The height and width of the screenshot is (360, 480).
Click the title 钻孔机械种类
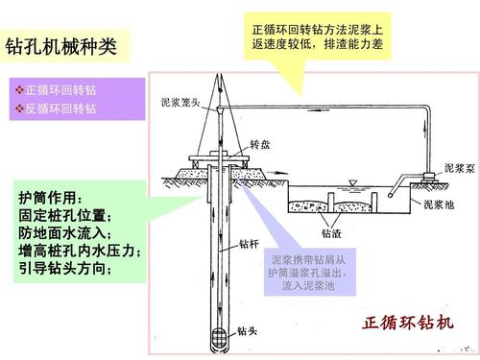(60, 46)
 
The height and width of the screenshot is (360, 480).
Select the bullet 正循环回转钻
(60, 91)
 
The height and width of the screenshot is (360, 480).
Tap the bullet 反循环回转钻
(60, 108)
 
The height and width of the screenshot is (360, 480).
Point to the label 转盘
(262, 144)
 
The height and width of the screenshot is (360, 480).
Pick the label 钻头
(247, 332)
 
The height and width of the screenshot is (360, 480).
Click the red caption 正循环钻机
(407, 322)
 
